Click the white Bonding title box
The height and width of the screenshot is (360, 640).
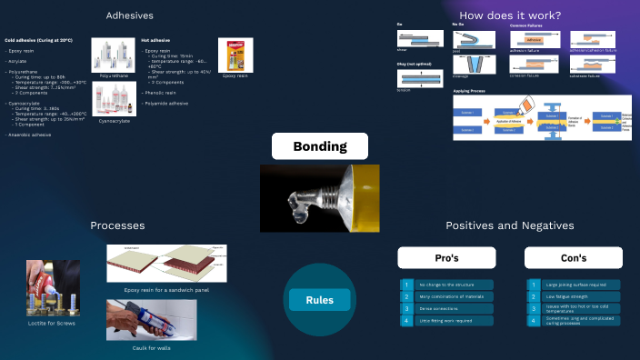point(319,146)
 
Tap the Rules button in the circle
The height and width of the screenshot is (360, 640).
point(319,300)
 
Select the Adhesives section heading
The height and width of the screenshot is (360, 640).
point(129,15)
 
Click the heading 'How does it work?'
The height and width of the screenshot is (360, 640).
point(509,15)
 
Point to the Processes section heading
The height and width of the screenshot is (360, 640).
point(117,225)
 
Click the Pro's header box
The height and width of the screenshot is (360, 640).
point(446,258)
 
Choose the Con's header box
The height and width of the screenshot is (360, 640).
point(573,258)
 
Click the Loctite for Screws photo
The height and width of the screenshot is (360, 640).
point(53,288)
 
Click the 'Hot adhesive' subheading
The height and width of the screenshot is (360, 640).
point(155,41)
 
